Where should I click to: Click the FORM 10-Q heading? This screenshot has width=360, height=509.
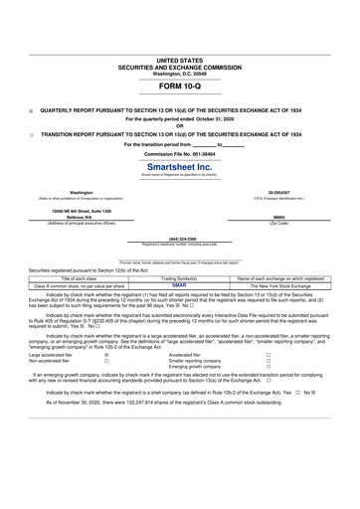click(180, 86)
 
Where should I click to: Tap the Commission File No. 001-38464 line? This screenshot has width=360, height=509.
click(180, 155)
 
